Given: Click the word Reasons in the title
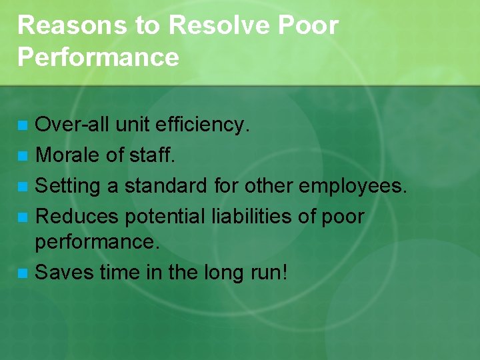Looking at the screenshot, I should [x=62, y=25].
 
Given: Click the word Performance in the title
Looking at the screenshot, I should [x=98, y=57].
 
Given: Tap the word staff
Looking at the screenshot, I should [x=152, y=155].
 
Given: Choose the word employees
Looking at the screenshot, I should [x=352, y=186].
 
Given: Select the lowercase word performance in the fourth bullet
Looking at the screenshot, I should [x=97, y=241].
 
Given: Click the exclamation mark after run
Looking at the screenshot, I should [x=285, y=271].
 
